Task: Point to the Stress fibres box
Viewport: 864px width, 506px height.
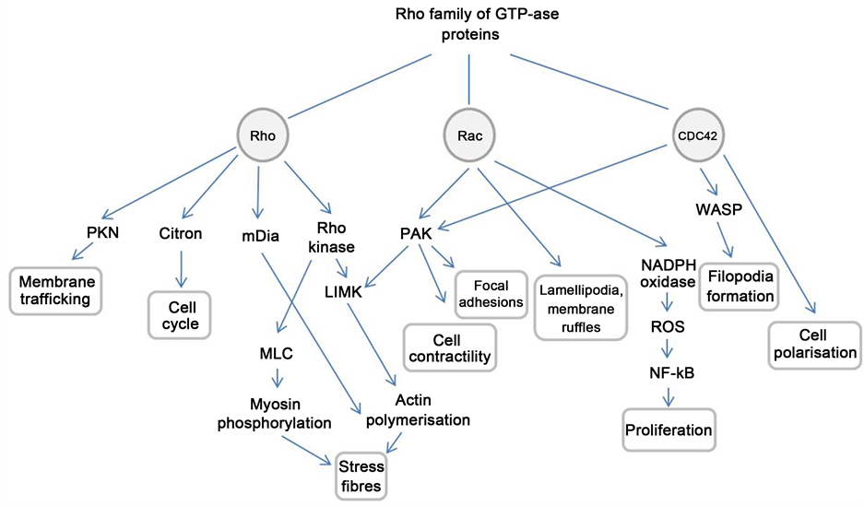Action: [360, 475]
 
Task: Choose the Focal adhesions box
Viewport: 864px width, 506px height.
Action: [491, 293]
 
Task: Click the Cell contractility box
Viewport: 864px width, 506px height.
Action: [450, 347]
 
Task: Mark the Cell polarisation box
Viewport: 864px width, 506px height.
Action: [814, 342]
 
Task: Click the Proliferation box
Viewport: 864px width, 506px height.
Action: [669, 430]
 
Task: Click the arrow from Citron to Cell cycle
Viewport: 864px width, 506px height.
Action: [181, 268]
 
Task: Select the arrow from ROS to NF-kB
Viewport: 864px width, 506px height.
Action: [669, 350]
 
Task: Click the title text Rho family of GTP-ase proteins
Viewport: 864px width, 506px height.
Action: [470, 25]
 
